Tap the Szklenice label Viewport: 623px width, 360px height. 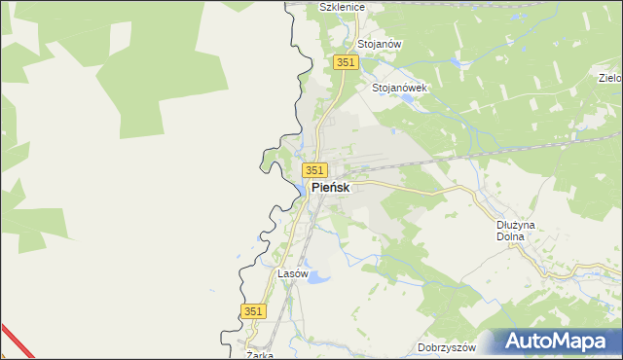point(342,7)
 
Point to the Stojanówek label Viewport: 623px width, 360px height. point(400,87)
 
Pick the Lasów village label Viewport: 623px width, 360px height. point(293,274)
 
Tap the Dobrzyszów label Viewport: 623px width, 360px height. point(445,347)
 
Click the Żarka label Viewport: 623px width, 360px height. point(259,355)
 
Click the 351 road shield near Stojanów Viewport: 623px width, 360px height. point(347,62)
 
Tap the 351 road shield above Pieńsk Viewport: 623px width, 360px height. point(313,170)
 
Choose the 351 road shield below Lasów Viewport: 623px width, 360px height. point(253,310)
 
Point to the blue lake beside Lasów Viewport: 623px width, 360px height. point(318,277)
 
